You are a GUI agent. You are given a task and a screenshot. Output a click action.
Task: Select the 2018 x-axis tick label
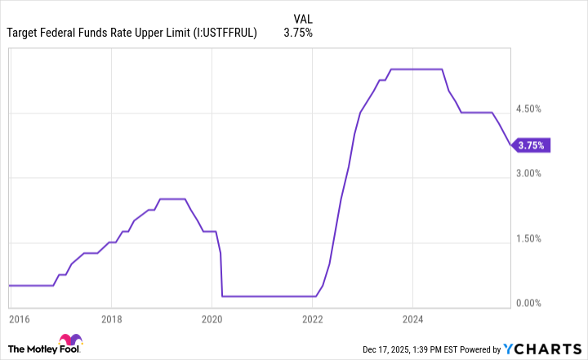point(112,318)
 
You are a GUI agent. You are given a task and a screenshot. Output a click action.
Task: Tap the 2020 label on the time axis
point(212,318)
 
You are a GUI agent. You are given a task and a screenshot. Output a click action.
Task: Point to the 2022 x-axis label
point(312,318)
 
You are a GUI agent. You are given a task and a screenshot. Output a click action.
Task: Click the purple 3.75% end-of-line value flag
point(532,146)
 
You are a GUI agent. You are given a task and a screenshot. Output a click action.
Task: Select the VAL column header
point(302,18)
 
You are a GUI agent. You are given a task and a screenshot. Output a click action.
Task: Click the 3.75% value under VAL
point(298,33)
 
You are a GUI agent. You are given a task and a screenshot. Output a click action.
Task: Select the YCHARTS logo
point(546,349)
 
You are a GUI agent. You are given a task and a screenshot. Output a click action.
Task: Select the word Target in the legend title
point(24,33)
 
